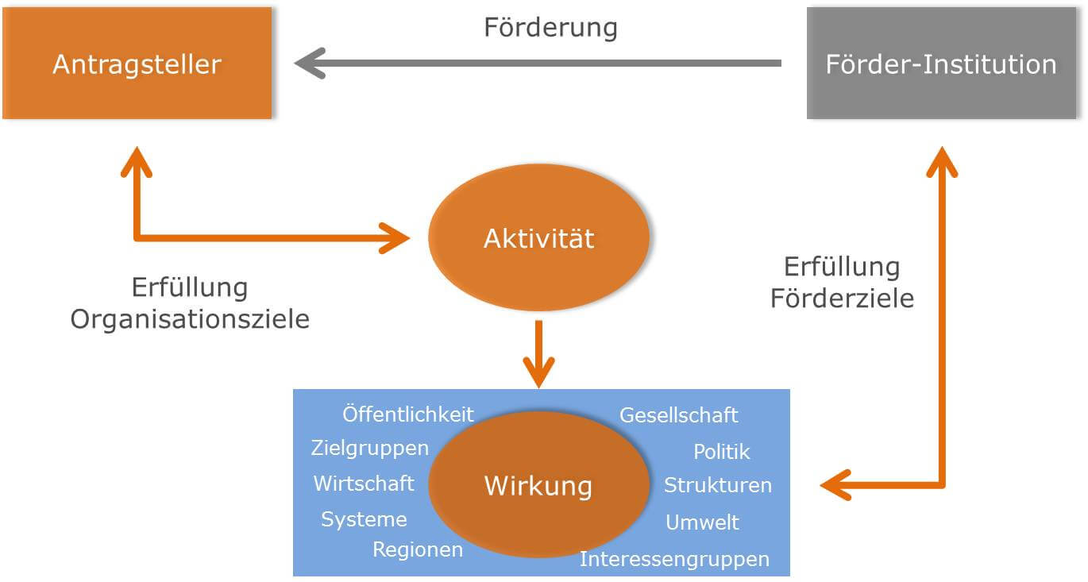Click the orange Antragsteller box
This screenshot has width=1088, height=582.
click(137, 64)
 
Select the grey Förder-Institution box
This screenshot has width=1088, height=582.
click(941, 64)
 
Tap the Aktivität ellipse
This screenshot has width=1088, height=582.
click(538, 237)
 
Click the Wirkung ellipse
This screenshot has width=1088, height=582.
click(538, 484)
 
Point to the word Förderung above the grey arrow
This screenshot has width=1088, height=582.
click(550, 28)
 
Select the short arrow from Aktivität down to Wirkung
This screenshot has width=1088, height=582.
click(538, 354)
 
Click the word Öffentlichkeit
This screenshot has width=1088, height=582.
click(408, 414)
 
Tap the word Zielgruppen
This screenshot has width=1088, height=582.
click(369, 448)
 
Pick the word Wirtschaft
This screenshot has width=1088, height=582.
click(364, 484)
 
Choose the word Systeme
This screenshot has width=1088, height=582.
click(364, 519)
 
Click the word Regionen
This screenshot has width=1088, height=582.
click(418, 549)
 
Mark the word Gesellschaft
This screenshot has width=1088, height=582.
click(678, 415)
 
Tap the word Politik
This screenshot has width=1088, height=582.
click(721, 452)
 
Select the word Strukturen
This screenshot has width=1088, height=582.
click(718, 485)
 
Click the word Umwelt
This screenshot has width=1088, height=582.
click(702, 522)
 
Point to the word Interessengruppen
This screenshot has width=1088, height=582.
click(674, 559)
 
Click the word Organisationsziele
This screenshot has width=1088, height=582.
click(190, 319)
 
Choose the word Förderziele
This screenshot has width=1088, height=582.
click(842, 298)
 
